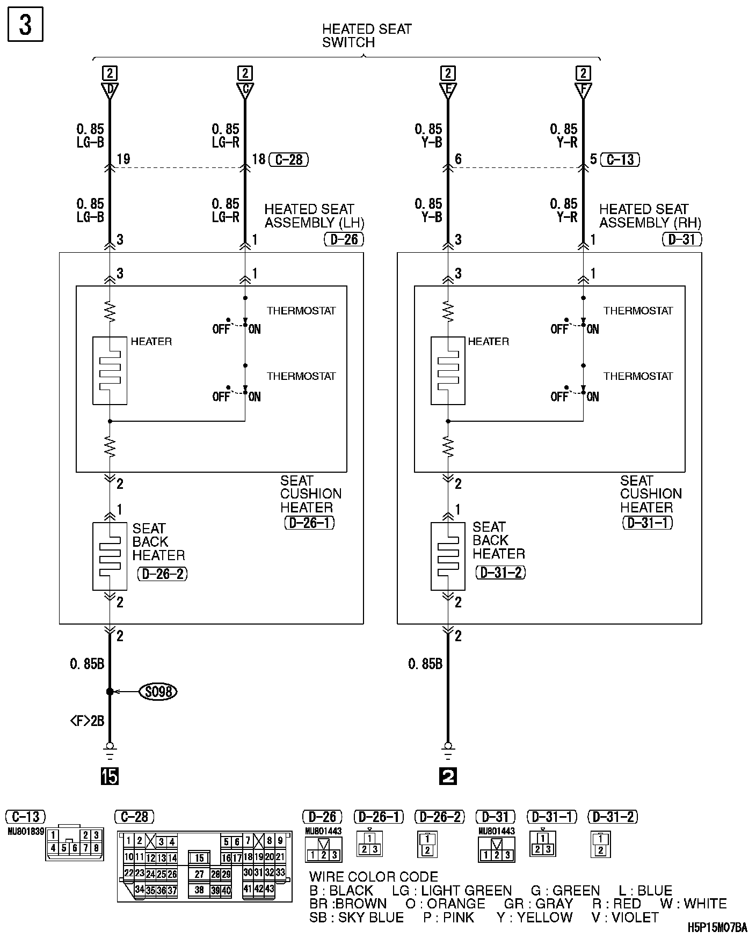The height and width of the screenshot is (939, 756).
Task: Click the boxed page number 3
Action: coord(25,25)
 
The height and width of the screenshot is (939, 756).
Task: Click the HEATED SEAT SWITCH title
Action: coord(367,36)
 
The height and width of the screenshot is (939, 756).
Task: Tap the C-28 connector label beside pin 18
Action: coord(289,159)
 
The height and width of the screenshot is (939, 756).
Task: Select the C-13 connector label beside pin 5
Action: coord(621,159)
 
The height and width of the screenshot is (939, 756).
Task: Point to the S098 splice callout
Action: coord(158,692)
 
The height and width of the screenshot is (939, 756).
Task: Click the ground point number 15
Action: coord(110,776)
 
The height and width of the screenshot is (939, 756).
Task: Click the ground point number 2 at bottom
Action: coord(448,776)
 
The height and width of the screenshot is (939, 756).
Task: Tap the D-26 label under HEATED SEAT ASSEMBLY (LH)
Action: coord(344,239)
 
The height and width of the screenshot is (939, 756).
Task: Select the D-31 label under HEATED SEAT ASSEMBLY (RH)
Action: coord(682,239)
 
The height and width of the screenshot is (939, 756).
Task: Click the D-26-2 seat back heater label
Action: coord(163,574)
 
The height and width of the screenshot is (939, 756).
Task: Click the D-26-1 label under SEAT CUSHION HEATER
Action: coord(309,523)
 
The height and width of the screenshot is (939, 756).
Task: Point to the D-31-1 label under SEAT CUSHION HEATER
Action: coord(648,523)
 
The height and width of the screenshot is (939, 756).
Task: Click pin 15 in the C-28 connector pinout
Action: coord(199,859)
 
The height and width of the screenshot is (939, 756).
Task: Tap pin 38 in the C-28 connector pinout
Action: coord(199,890)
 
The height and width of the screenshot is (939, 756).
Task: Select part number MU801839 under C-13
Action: coord(25,831)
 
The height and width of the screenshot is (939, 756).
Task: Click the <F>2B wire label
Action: coord(87,721)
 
